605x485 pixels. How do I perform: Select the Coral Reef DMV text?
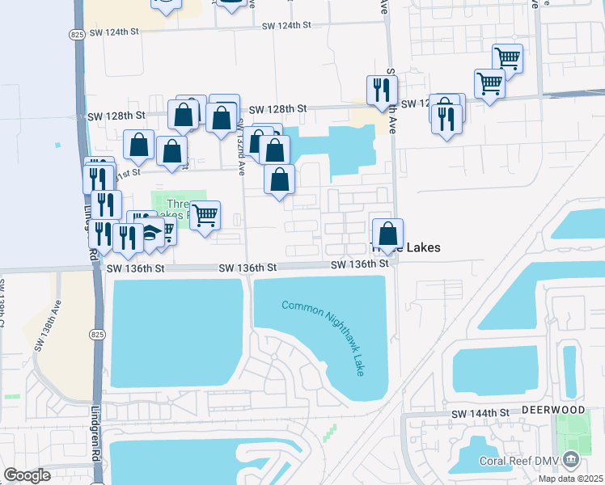click(x=515, y=462)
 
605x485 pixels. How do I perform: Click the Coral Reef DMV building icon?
click(x=572, y=461)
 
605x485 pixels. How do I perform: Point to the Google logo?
click(x=27, y=475)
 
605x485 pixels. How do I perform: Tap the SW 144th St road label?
click(x=483, y=413)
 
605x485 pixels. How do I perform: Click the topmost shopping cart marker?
click(x=507, y=58)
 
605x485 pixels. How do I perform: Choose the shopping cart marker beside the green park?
click(x=205, y=216)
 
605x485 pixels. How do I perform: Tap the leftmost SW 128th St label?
click(x=119, y=116)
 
